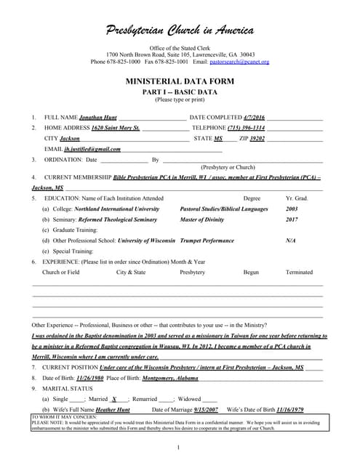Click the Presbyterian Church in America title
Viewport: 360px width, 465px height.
[180, 30]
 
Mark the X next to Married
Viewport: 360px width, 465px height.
[114, 399]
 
